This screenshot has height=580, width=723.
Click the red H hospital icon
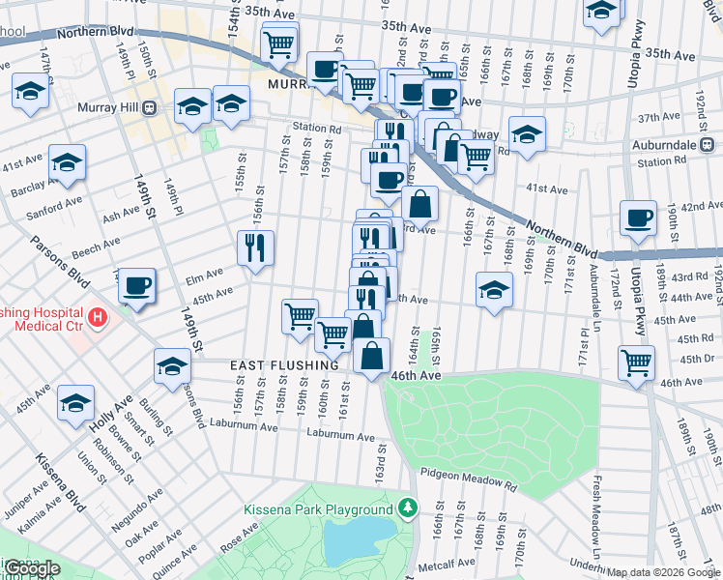tap(97, 316)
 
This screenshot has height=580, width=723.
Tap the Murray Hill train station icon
tap(150, 107)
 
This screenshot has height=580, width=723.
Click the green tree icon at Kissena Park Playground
tap(409, 507)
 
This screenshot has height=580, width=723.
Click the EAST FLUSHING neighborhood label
tap(284, 365)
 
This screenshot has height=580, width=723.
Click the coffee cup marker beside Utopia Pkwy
tap(638, 219)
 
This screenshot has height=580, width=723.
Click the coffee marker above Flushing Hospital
tap(136, 286)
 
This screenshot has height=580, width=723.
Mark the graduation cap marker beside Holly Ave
tap(76, 404)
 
